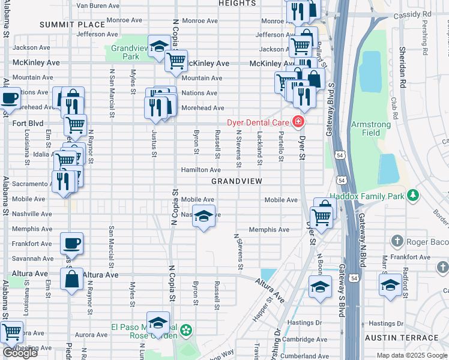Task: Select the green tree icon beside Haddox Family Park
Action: (412, 195)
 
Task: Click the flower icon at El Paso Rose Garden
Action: (187, 331)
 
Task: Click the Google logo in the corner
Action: (20, 353)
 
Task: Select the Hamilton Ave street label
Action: (201, 170)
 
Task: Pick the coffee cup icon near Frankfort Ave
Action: (71, 243)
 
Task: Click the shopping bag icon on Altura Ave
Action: (71, 279)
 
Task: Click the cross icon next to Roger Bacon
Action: (396, 241)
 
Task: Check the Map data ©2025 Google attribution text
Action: (412, 355)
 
